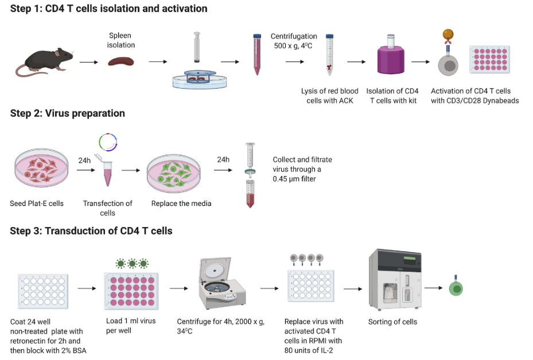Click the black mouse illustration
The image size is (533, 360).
(x=43, y=62)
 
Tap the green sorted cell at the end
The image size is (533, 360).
(x=456, y=288)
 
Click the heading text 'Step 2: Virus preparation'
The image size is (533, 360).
(x=68, y=114)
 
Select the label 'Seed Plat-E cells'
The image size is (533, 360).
(x=37, y=204)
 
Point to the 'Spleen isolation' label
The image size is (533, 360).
(x=121, y=40)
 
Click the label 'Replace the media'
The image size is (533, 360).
(x=181, y=204)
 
